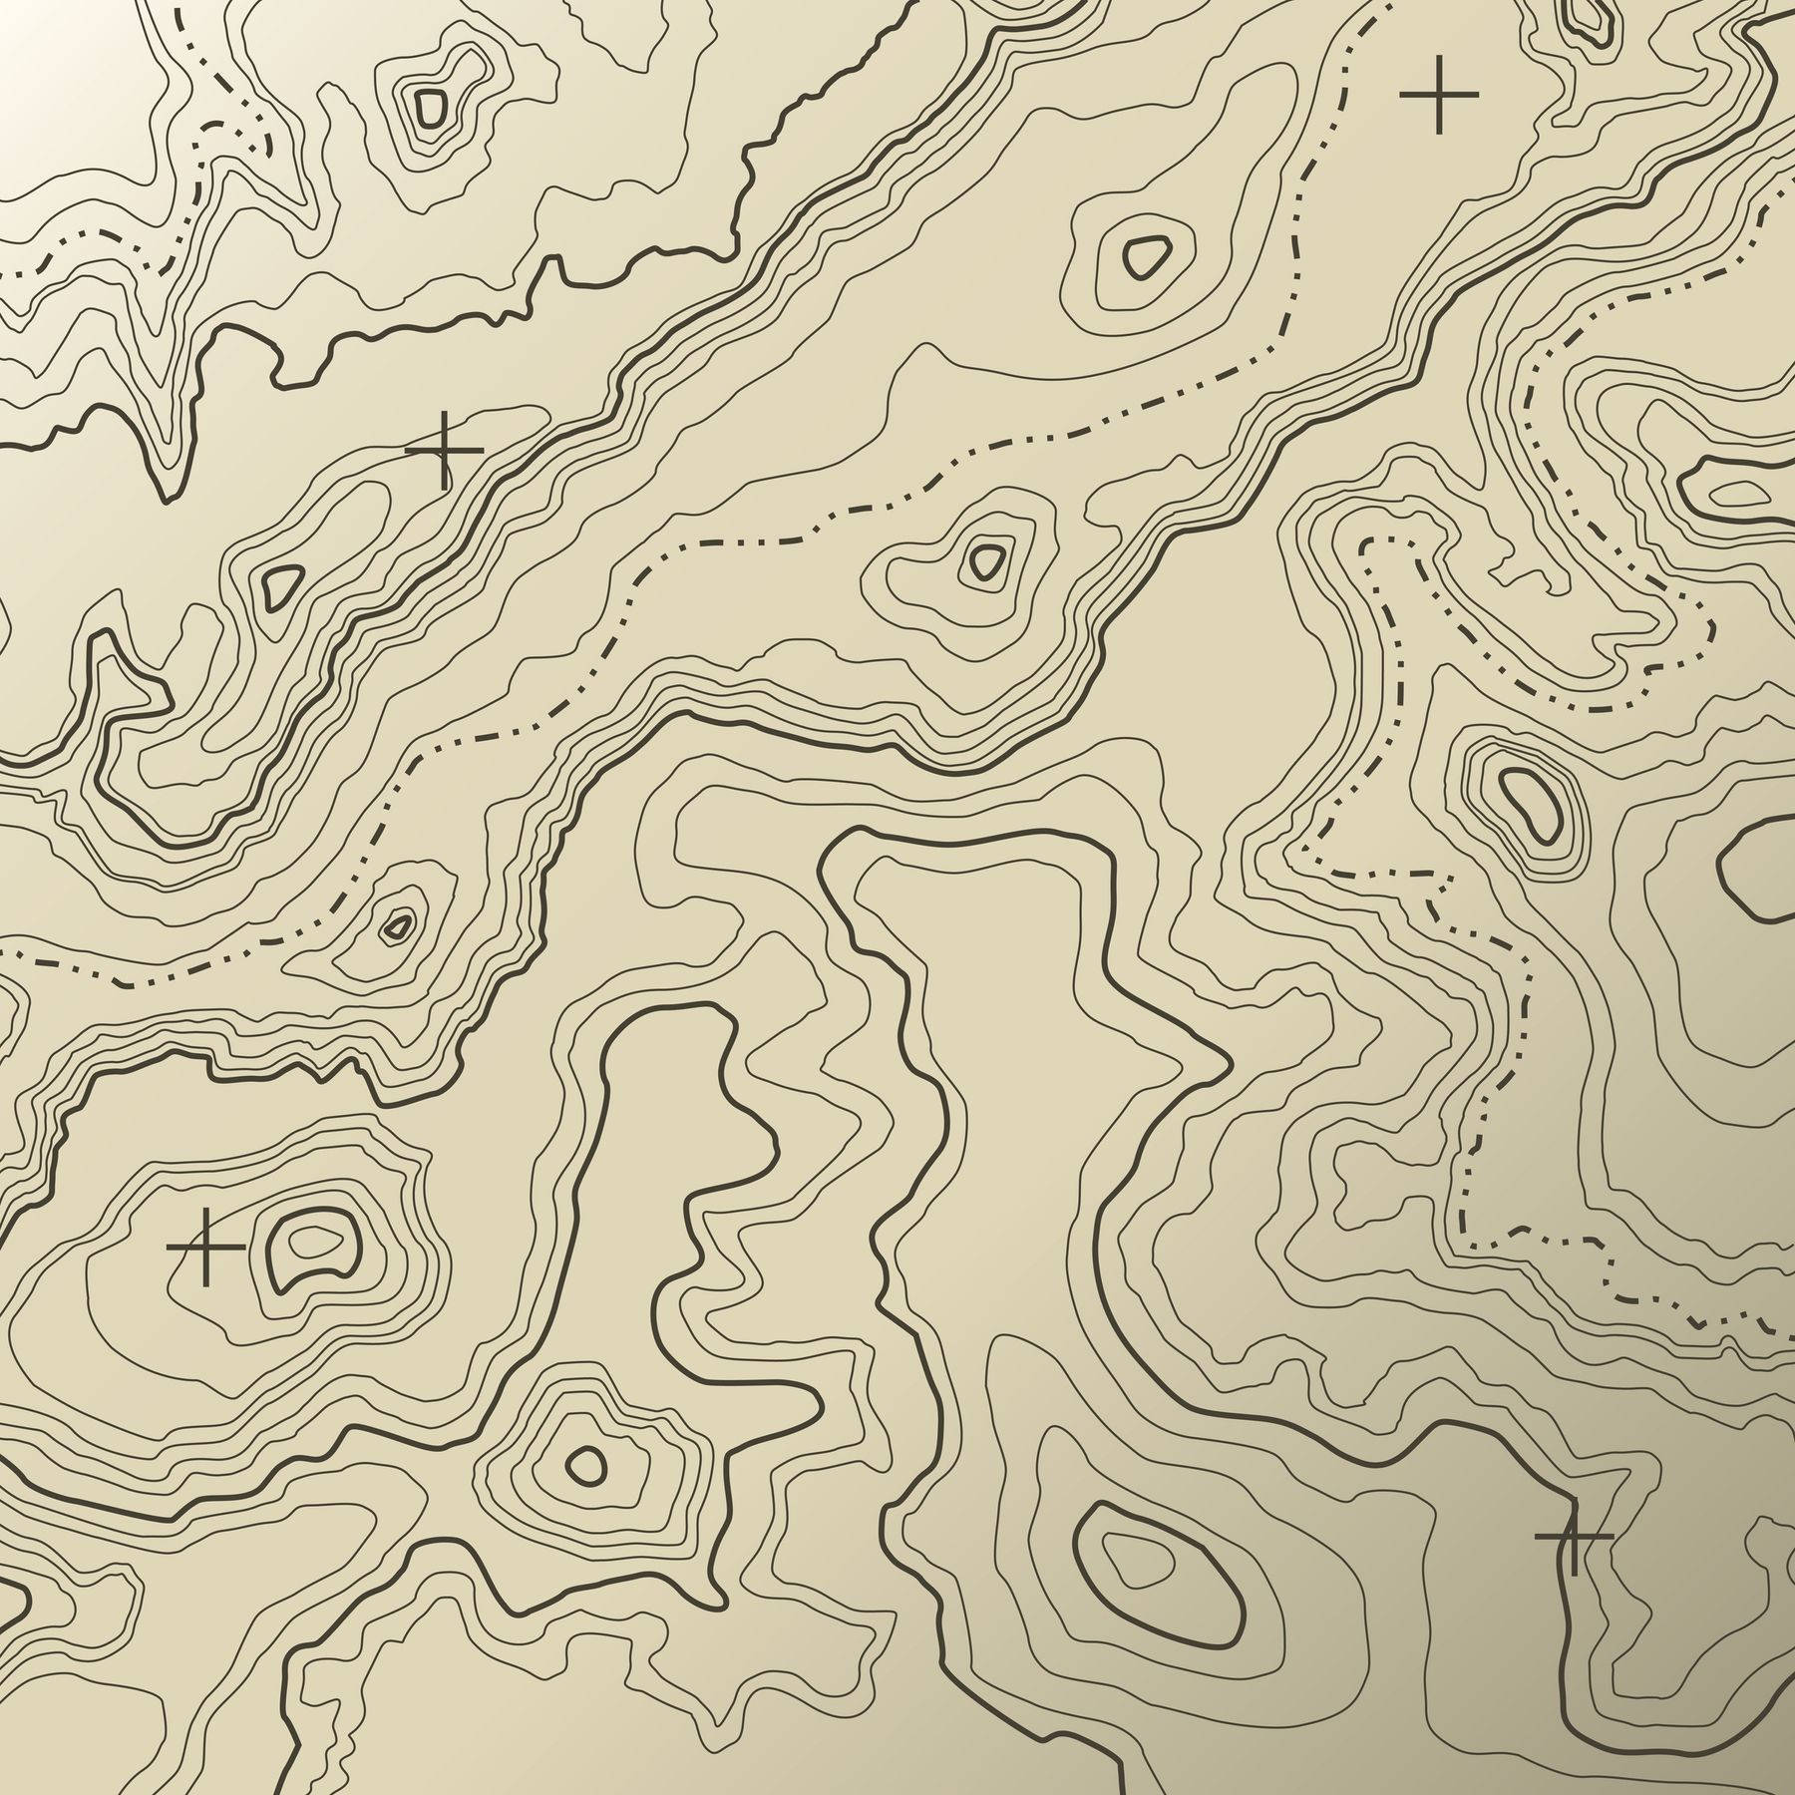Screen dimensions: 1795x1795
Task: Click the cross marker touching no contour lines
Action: click(x=1438, y=94)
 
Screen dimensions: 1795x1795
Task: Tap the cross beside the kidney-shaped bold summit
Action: click(x=205, y=1247)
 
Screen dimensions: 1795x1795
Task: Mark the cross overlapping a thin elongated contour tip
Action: click(x=444, y=451)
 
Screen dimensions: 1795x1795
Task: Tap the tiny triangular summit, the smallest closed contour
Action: click(x=398, y=926)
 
